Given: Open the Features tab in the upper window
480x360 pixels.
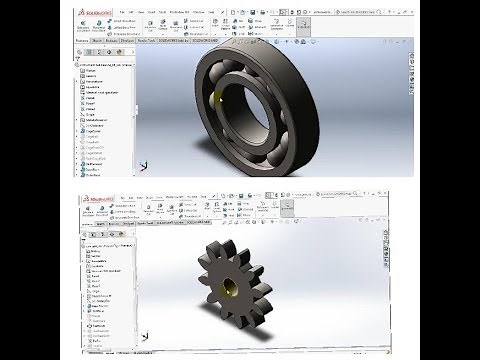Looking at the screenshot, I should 86,43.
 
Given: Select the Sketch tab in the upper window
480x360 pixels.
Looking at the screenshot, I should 102,43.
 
